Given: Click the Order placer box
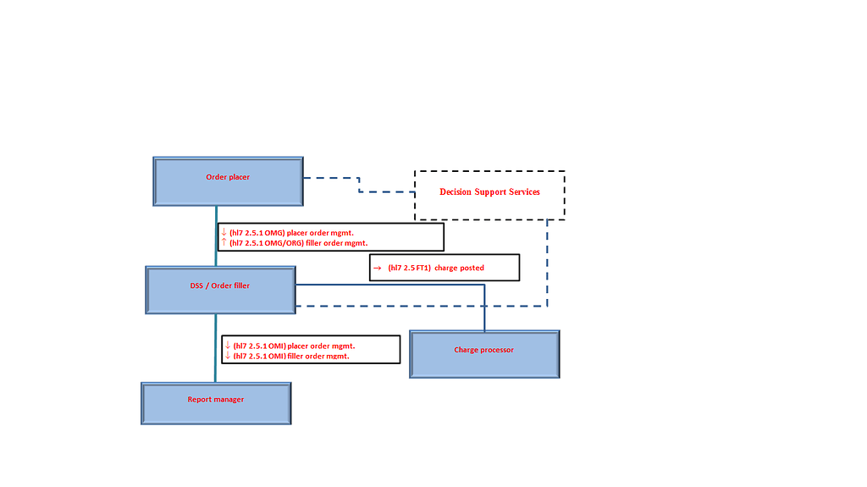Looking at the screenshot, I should pos(228,180).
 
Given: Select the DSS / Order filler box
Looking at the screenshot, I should pos(220,291).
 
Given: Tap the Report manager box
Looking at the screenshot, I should pos(216,403).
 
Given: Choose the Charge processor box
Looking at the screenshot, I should pos(484,354).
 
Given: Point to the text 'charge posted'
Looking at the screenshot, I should pos(460,268).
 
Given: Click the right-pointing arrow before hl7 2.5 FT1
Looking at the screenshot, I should pos(377,268).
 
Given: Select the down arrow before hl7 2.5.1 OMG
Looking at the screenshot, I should pos(224,232).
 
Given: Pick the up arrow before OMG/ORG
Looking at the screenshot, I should pos(224,242).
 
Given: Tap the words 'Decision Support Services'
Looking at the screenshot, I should pos(489,192).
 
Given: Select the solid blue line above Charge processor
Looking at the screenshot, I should pos(484,309).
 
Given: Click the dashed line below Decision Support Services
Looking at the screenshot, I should pos(547,263).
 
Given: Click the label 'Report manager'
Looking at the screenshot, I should pos(216,399).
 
